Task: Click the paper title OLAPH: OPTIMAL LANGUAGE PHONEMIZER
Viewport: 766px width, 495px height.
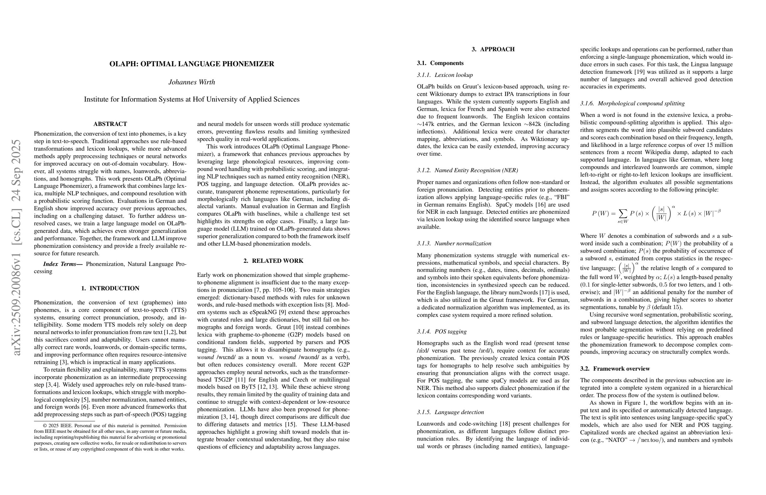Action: pos(192,64)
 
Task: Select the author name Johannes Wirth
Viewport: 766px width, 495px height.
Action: pos(192,82)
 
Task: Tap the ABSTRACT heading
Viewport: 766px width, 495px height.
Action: pos(110,124)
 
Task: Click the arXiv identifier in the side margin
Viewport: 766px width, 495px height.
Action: pos(16,247)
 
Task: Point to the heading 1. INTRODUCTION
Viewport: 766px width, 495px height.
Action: pos(110,288)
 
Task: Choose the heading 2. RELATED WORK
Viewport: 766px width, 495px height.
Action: pos(273,261)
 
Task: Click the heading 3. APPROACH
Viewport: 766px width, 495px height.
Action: pos(493,49)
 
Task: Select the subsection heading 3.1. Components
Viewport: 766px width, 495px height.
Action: pos(440,63)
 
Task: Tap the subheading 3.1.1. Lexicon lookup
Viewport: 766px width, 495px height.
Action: pos(445,75)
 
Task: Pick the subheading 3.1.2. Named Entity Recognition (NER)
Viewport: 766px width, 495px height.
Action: pos(467,171)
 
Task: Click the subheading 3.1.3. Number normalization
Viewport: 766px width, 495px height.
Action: pos(454,244)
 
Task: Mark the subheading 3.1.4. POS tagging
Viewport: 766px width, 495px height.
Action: pos(442,332)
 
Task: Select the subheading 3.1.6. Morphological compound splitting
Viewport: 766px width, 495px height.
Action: pos(632,103)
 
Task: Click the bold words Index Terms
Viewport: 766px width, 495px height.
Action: pos(63,264)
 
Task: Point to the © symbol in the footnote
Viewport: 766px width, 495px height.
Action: pos(45,426)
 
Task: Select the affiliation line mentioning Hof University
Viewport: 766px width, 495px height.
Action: pos(192,100)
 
